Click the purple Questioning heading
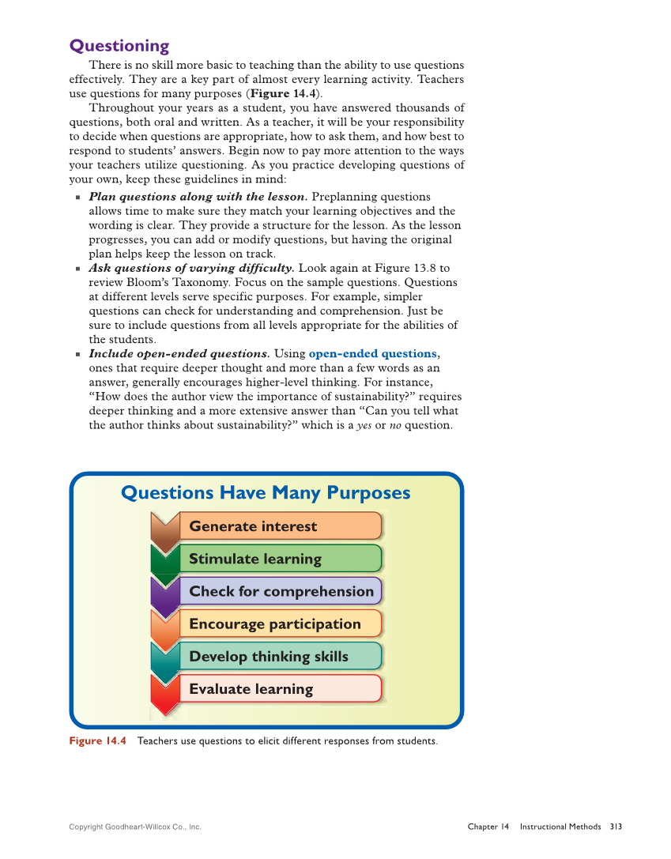point(119,46)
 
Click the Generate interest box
point(280,526)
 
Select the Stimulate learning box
point(280,559)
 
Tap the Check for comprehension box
point(281,591)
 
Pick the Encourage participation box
point(280,624)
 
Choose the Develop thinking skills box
point(280,656)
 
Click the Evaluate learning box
point(280,688)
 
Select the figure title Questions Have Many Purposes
point(266,493)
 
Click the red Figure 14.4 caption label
point(97,740)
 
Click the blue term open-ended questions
point(372,354)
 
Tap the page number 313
point(616,827)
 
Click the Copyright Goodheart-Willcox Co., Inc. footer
point(135,827)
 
